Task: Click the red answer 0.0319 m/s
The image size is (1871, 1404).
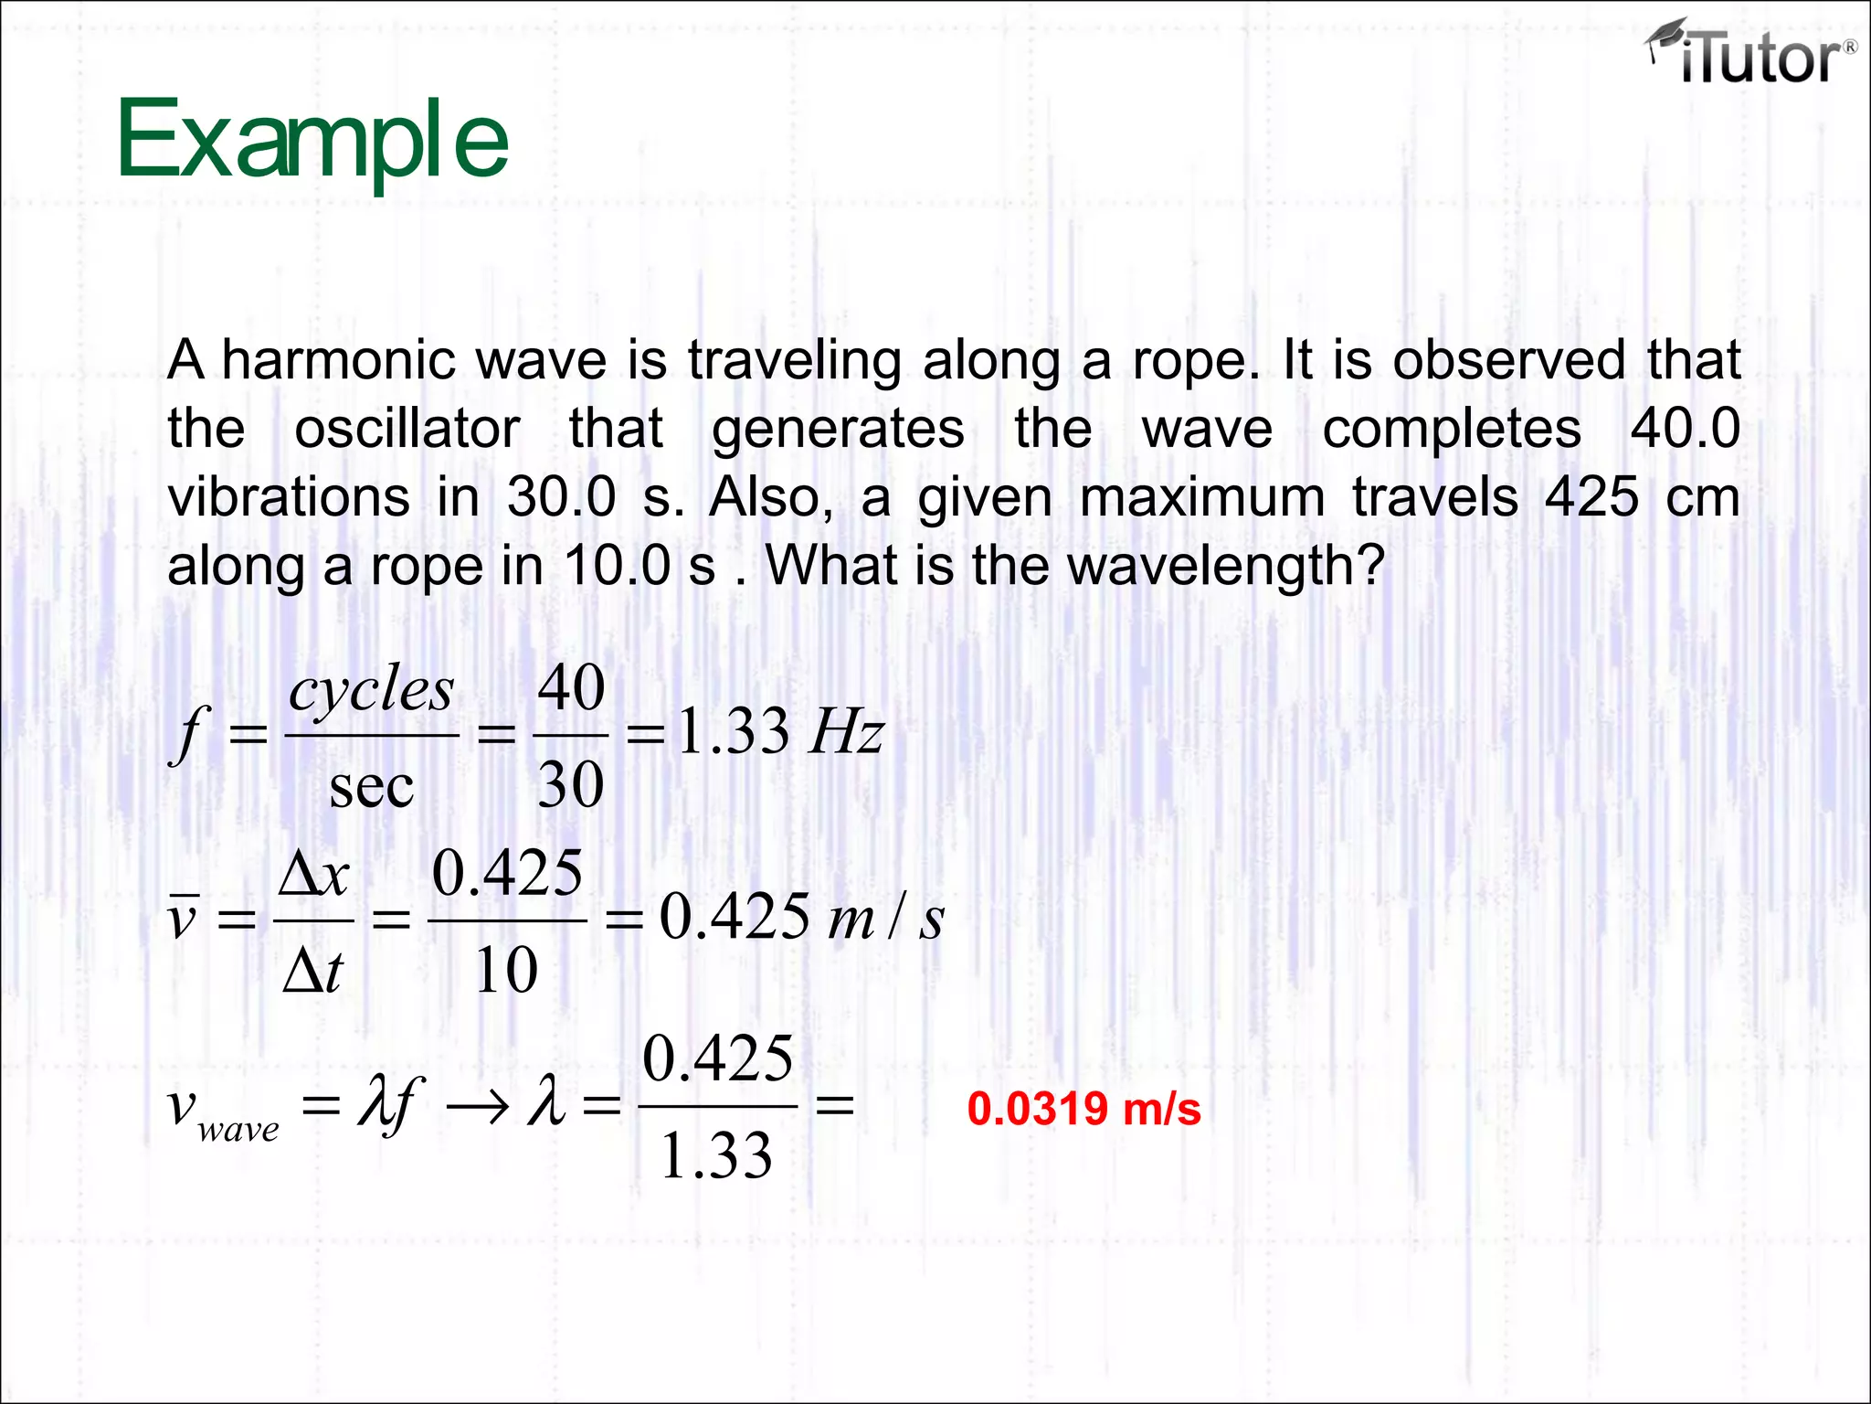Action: click(x=1083, y=1109)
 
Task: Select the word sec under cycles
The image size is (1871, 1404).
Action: click(x=371, y=786)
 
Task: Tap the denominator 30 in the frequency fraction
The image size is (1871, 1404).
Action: click(x=571, y=784)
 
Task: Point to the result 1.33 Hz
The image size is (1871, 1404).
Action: click(x=780, y=732)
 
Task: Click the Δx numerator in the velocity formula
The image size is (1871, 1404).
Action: click(x=313, y=874)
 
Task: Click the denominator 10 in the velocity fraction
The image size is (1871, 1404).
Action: click(x=506, y=971)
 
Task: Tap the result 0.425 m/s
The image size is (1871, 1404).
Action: click(x=801, y=917)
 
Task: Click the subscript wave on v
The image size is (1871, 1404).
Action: click(x=238, y=1131)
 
